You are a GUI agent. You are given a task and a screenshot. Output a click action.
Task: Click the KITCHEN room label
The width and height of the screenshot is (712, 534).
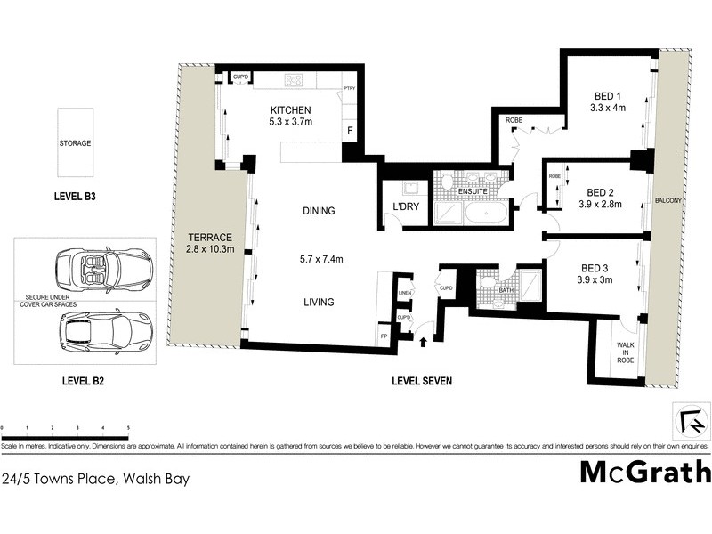291,111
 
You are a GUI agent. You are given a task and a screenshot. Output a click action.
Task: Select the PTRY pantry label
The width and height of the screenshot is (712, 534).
350,90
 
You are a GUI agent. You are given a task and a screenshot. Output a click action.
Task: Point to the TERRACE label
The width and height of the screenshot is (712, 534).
210,238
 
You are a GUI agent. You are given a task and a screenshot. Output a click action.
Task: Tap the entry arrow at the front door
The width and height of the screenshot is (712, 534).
422,337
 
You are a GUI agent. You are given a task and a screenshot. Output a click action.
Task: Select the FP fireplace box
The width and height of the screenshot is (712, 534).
385,337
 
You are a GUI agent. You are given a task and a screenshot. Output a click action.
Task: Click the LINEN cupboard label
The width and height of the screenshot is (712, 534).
404,293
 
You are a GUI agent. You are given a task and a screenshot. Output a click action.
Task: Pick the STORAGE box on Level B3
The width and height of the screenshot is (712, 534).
75,142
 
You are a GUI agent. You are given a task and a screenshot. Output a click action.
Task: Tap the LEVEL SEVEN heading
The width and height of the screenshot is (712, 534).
422,381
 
